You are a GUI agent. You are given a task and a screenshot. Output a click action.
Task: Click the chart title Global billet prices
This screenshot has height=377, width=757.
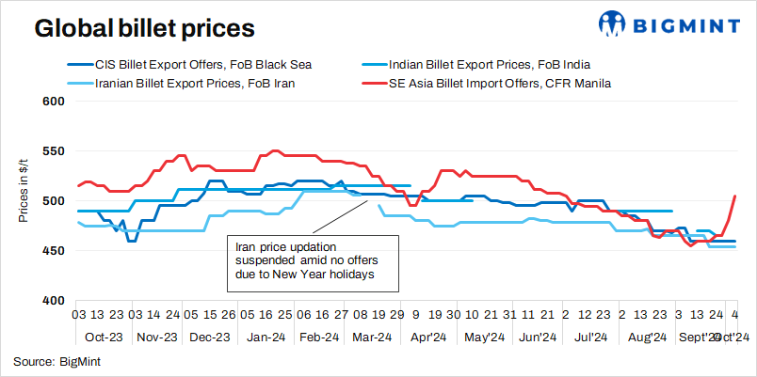click(x=144, y=28)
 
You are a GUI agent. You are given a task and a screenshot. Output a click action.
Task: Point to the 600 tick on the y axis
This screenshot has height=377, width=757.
click(x=53, y=102)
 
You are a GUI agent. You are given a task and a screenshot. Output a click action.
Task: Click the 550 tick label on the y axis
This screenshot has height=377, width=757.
click(x=53, y=151)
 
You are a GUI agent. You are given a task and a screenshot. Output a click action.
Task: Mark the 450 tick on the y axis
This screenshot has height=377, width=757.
click(x=53, y=251)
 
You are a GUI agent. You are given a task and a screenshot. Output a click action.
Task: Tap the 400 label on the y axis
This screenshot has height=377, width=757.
click(x=53, y=301)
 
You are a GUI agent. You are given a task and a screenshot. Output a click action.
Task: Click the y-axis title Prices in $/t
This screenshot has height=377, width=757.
click(x=24, y=191)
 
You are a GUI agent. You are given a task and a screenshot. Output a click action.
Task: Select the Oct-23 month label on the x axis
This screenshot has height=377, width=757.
click(x=104, y=337)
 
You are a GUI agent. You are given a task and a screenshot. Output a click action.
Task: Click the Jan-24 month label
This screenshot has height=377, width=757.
click(x=266, y=337)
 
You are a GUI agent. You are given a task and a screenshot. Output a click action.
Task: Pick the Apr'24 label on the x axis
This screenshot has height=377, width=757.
click(x=427, y=337)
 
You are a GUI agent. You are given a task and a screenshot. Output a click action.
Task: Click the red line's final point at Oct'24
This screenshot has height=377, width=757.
click(x=734, y=196)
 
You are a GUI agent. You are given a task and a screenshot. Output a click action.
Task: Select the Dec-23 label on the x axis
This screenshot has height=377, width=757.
click(x=211, y=337)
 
